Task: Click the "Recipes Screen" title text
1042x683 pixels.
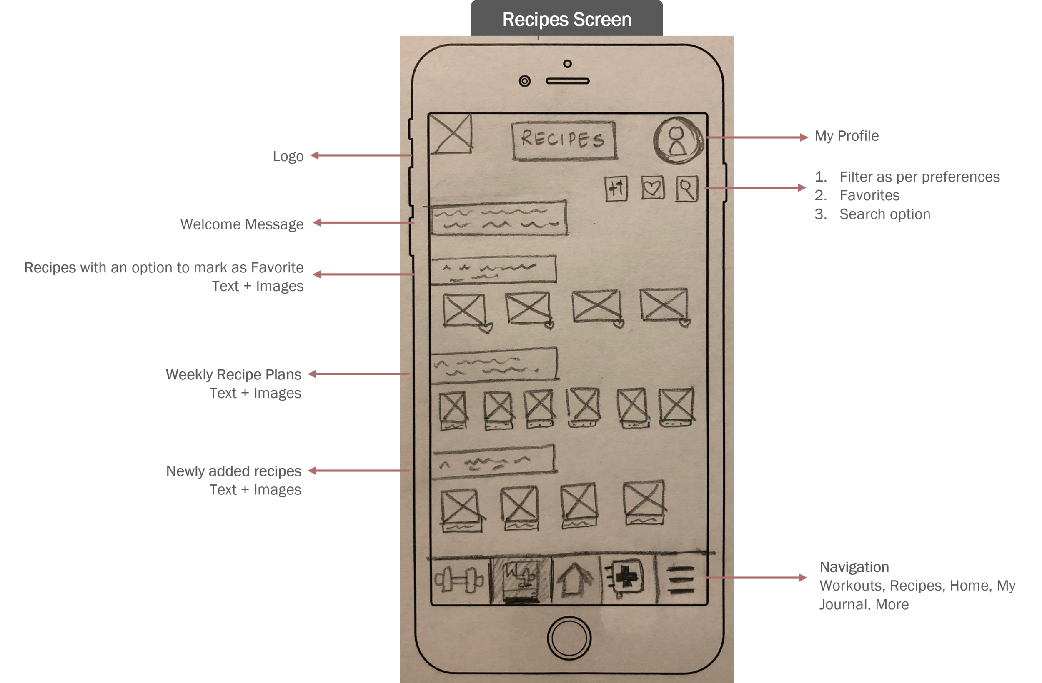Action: [x=566, y=20]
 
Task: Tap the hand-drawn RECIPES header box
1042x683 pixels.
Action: [x=564, y=140]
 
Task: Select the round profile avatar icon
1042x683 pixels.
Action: [x=678, y=140]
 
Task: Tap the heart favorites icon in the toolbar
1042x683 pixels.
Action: [x=653, y=188]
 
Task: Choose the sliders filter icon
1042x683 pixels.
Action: [x=616, y=189]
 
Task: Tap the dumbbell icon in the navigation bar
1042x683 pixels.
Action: [x=459, y=579]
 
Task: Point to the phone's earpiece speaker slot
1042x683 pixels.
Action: [x=567, y=81]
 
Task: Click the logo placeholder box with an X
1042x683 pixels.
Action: [x=451, y=133]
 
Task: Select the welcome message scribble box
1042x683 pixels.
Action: [x=498, y=218]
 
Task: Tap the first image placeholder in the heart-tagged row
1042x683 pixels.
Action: [x=464, y=310]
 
